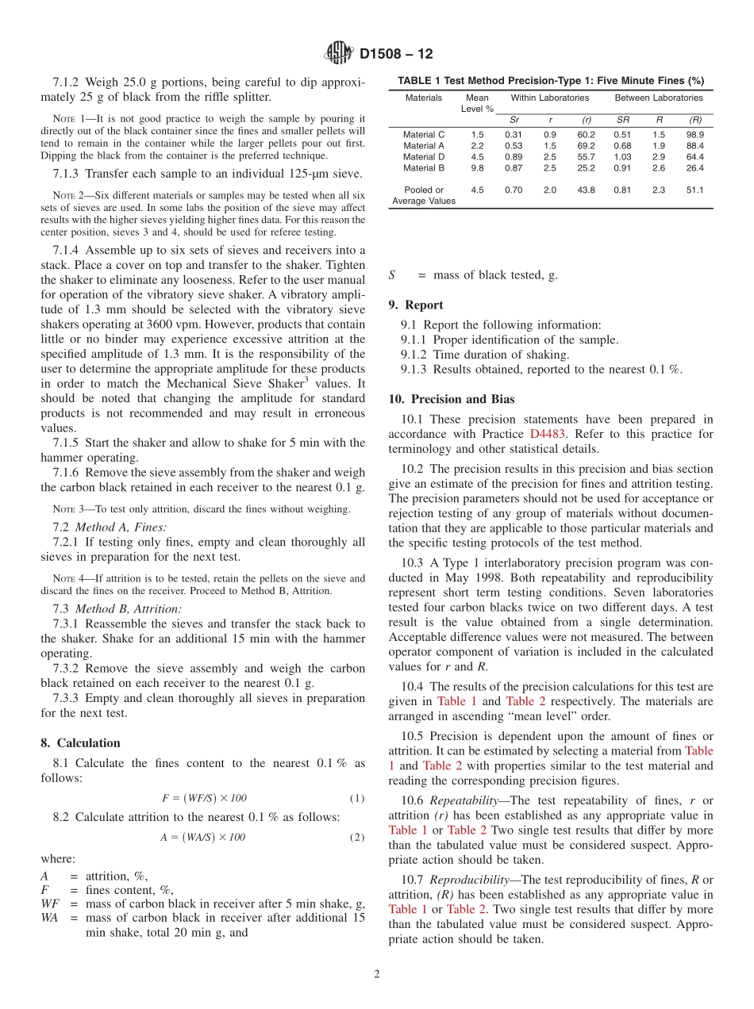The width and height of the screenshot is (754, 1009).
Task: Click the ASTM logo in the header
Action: (x=339, y=54)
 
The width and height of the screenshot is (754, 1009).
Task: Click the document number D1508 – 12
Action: (x=396, y=55)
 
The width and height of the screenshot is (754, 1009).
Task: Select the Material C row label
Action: (x=424, y=135)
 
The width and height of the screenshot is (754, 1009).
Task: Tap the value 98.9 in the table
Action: (x=694, y=135)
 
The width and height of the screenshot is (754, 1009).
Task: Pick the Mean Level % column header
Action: (x=478, y=103)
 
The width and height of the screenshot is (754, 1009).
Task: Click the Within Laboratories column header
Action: (x=549, y=98)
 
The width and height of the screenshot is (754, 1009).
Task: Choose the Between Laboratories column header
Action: (x=659, y=98)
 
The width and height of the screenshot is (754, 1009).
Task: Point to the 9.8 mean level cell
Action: (x=477, y=168)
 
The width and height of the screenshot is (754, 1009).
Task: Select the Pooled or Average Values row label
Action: (x=424, y=195)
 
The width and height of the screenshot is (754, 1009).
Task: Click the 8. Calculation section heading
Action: (x=80, y=743)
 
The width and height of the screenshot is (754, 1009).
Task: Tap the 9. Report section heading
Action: (x=416, y=305)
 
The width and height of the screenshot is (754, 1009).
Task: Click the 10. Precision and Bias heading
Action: (x=451, y=399)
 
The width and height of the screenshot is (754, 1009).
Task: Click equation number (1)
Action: (x=357, y=798)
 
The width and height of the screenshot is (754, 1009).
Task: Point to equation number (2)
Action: (x=357, y=837)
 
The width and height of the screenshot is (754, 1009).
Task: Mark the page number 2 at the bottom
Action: (x=377, y=974)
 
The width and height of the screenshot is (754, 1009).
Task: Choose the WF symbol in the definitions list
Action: (x=49, y=904)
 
